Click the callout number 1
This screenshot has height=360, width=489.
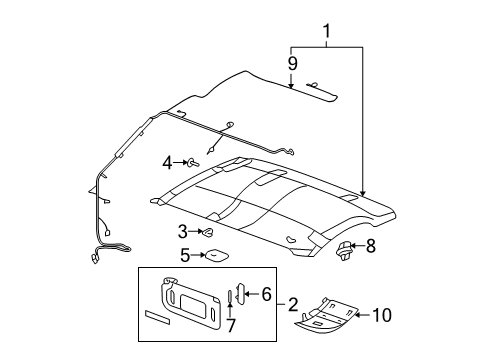(x=327, y=31)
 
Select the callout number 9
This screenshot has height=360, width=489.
(x=292, y=63)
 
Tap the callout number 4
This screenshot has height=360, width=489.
(x=168, y=163)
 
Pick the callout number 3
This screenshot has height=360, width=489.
(x=183, y=232)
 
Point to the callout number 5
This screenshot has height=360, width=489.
(x=185, y=255)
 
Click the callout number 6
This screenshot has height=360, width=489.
(x=266, y=294)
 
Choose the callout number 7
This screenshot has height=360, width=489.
(x=231, y=325)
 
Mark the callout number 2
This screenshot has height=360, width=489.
(x=293, y=304)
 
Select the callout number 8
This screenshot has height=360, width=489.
(x=370, y=246)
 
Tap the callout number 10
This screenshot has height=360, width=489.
(x=382, y=315)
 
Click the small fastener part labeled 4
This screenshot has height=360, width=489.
(x=194, y=163)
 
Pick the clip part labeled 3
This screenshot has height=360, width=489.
(x=207, y=232)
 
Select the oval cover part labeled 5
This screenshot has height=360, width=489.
(x=216, y=256)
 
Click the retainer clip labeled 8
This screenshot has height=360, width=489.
(x=342, y=251)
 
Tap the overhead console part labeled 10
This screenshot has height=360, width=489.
(x=326, y=315)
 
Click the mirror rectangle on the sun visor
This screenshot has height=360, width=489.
(x=192, y=303)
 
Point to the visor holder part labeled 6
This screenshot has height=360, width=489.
(x=241, y=293)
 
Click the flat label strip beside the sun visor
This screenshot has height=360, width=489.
(x=157, y=317)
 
